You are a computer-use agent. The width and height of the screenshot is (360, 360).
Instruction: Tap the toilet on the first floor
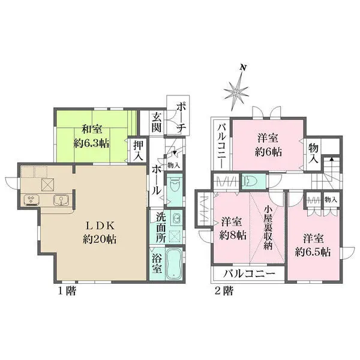click(x=174, y=186)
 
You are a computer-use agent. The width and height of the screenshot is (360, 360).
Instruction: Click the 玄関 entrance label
click(x=157, y=122)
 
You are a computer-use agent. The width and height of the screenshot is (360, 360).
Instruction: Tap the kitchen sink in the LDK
click(x=61, y=200)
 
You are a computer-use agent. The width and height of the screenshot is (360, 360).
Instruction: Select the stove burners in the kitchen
click(x=30, y=200)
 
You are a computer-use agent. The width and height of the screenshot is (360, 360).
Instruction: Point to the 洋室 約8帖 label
click(x=230, y=226)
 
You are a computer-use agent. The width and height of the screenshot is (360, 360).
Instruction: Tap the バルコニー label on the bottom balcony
click(x=249, y=274)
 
